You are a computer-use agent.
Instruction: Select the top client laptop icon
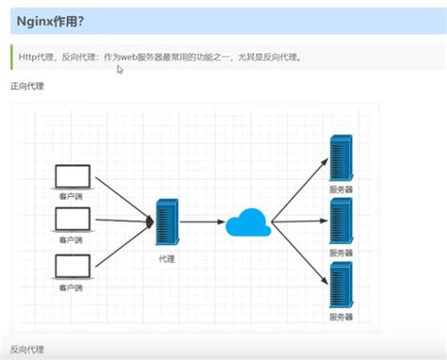tap(73, 176)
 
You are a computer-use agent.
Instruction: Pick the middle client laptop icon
tap(73, 220)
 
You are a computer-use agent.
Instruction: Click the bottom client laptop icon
tap(73, 266)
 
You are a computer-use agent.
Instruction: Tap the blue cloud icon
tap(248, 223)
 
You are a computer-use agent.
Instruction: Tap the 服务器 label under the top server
tap(340, 189)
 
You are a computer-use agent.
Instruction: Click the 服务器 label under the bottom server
tap(340, 318)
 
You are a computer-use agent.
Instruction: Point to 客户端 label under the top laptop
tap(72, 196)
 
